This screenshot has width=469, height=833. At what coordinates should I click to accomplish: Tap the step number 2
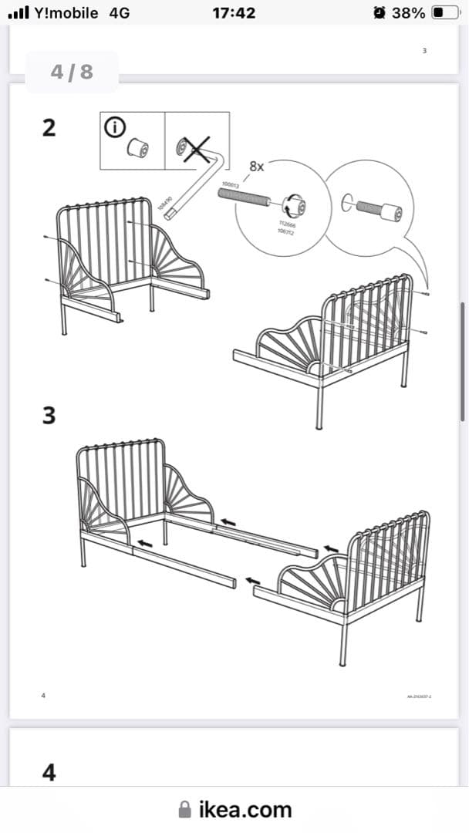pyautogui.click(x=49, y=128)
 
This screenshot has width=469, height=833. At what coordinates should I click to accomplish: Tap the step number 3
pyautogui.click(x=49, y=416)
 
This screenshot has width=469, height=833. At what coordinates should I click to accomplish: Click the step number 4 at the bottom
pyautogui.click(x=49, y=772)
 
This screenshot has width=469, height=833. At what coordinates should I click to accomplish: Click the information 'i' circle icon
pyautogui.click(x=114, y=128)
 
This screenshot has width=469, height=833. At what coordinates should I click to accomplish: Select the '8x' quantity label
pyautogui.click(x=257, y=166)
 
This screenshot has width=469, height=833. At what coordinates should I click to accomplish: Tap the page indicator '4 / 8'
pyautogui.click(x=72, y=72)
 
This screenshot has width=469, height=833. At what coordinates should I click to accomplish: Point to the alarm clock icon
pyautogui.click(x=379, y=12)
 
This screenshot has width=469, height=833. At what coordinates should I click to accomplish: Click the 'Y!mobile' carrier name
pyautogui.click(x=66, y=12)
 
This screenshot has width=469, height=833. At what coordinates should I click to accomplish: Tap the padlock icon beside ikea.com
pyautogui.click(x=184, y=809)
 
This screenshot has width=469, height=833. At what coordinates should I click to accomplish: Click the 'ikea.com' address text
pyautogui.click(x=245, y=809)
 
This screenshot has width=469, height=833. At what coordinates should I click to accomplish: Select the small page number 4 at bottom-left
pyautogui.click(x=43, y=696)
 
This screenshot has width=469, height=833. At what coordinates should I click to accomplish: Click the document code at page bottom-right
pyautogui.click(x=419, y=696)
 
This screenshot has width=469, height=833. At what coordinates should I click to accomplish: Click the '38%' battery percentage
pyautogui.click(x=409, y=12)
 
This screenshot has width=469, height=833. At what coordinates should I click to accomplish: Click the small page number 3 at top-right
pyautogui.click(x=424, y=51)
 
